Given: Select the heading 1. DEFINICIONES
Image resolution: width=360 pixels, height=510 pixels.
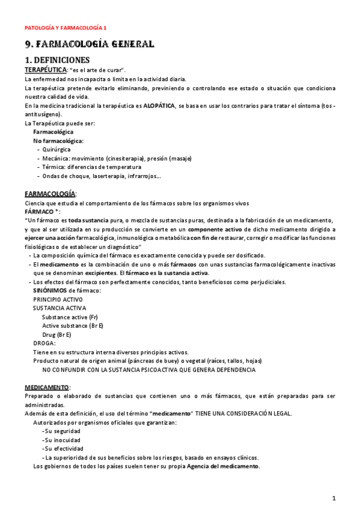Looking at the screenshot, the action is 57,60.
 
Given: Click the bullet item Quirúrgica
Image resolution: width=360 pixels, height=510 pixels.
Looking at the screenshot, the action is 56,149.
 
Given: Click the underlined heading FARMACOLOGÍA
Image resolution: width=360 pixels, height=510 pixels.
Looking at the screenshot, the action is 50,194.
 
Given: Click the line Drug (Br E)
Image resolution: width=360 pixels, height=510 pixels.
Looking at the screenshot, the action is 56,334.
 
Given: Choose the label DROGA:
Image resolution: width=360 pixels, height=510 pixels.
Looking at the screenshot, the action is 44,343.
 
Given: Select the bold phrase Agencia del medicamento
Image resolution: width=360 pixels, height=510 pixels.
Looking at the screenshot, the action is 223,466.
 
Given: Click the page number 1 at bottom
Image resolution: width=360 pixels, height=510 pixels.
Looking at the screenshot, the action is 334,498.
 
